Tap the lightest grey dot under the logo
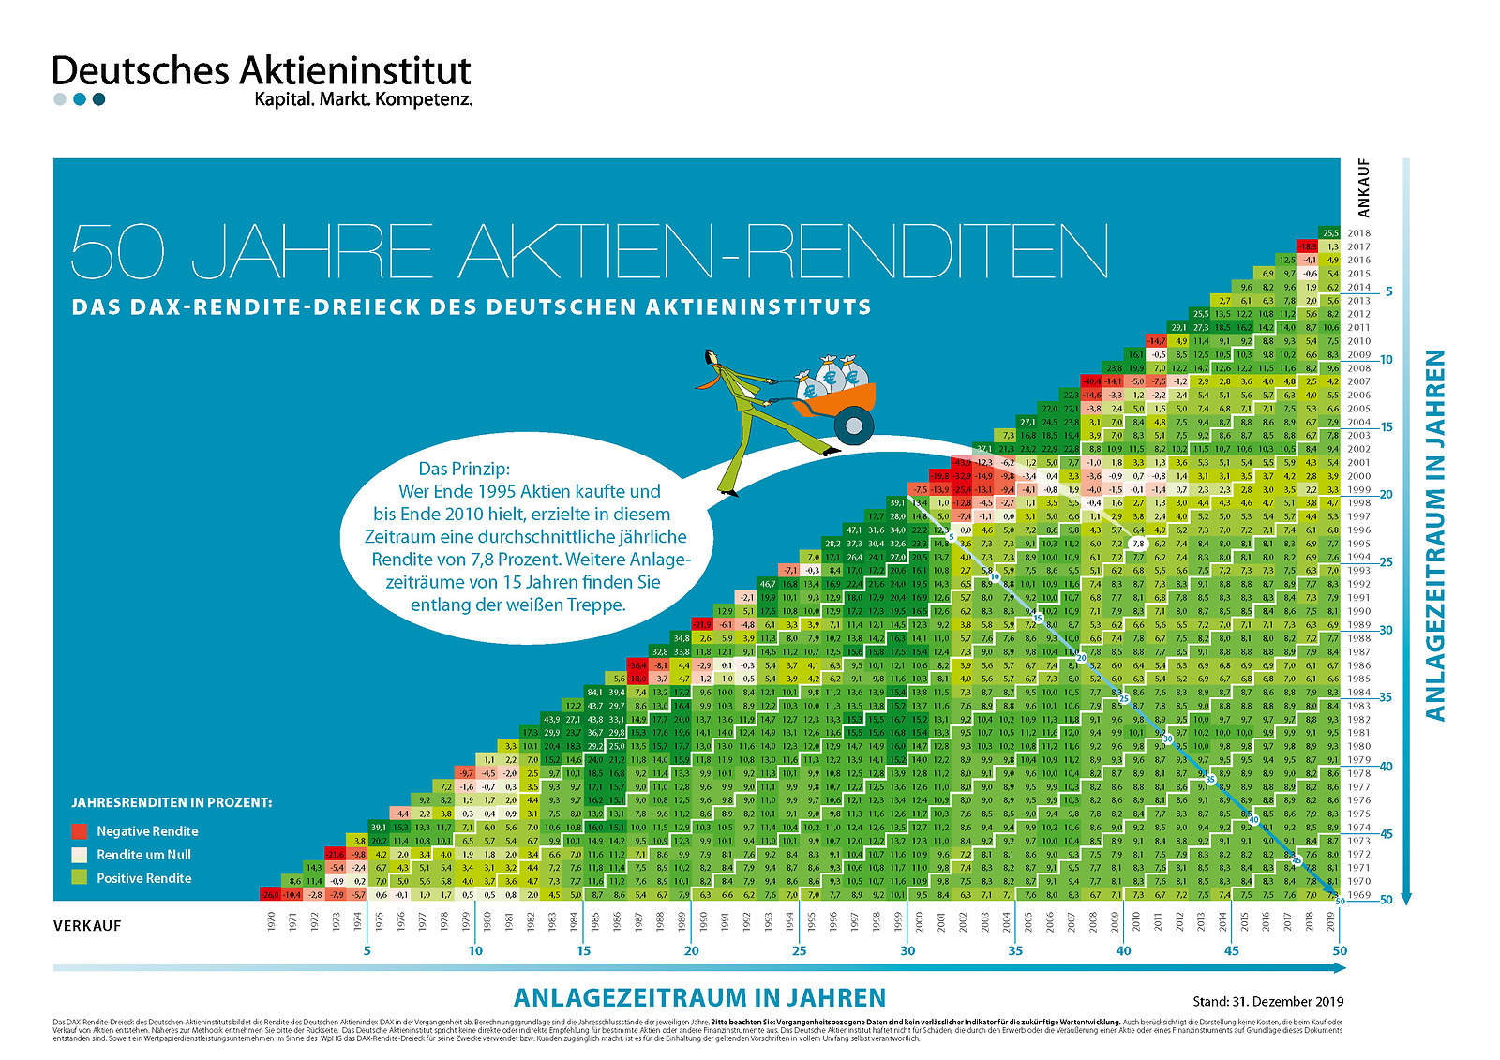pos(60,99)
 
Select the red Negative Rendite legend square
pos(80,831)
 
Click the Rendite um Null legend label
pos(143,855)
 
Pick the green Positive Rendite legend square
pos(80,878)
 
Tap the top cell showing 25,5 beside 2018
pos(1330,233)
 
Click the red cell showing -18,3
pos(1309,246)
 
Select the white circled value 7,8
pos(1138,544)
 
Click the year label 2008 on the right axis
pos(1358,368)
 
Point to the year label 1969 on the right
pos(1358,895)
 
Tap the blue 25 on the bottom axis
pos(799,950)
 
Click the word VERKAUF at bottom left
pos(87,926)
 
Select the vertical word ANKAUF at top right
pos(1363,187)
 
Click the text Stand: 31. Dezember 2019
pos(1267,1001)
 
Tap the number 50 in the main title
pos(118,251)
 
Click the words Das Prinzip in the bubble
pos(464,469)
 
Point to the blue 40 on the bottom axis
pos(1123,950)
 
